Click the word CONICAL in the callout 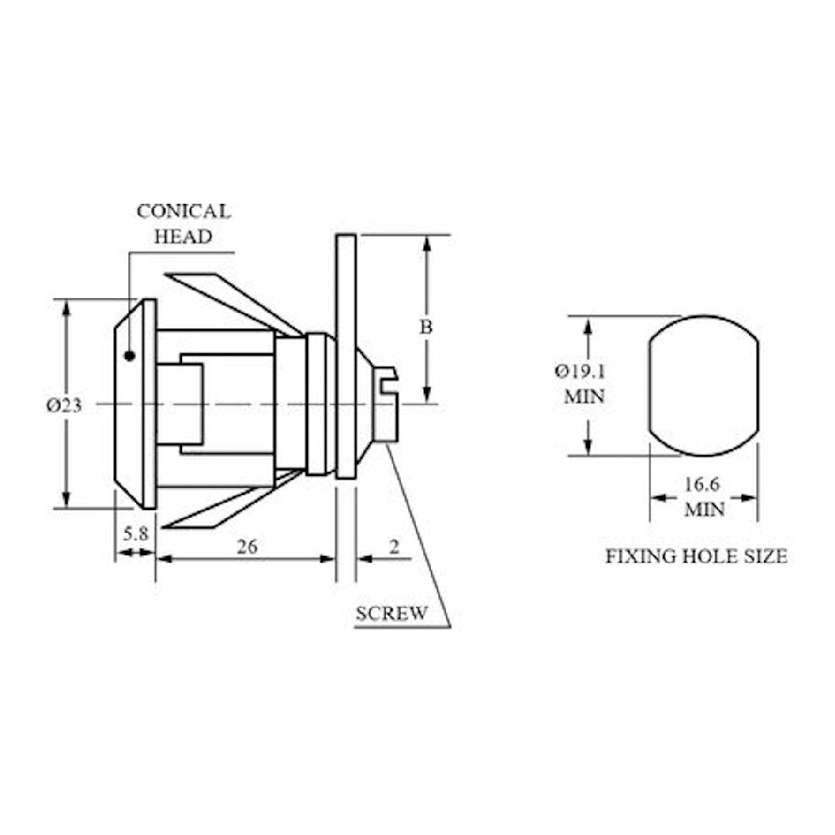[184, 211]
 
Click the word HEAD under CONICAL [183, 236]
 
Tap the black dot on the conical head [129, 356]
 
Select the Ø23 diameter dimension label [64, 406]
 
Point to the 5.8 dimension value [135, 533]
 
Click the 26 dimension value [247, 546]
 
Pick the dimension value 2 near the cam [394, 546]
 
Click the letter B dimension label [426, 327]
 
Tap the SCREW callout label [392, 614]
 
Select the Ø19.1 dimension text [580, 372]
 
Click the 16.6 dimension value [701, 484]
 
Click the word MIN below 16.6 [704, 509]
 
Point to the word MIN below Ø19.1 [584, 397]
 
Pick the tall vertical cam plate [346, 357]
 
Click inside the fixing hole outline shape [703, 386]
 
